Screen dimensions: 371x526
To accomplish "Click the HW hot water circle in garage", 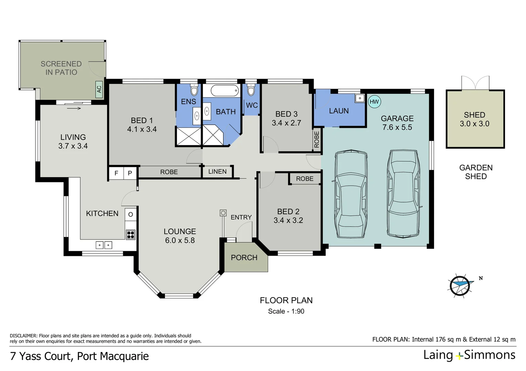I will pyautogui.click(x=374, y=102).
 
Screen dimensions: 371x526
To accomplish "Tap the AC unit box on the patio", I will pyautogui.click(x=99, y=89).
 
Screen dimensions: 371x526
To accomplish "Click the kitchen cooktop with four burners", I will pyautogui.click(x=130, y=235).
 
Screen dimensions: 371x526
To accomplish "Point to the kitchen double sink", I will pyautogui.click(x=104, y=245).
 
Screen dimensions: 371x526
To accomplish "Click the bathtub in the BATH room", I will pyautogui.click(x=224, y=91).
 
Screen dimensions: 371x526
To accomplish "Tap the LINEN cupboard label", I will pyautogui.click(x=217, y=171).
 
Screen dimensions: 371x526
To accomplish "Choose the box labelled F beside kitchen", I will pyautogui.click(x=116, y=173).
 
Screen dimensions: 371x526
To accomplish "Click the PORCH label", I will pyautogui.click(x=244, y=258).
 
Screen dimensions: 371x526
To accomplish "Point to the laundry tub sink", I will pyautogui.click(x=360, y=98).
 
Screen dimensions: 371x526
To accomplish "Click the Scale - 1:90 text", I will pyautogui.click(x=286, y=311).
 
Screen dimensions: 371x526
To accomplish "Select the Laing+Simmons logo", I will pyautogui.click(x=469, y=355).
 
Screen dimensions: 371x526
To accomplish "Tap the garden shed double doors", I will pyautogui.click(x=475, y=83).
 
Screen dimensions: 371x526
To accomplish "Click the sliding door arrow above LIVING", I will pyautogui.click(x=74, y=109).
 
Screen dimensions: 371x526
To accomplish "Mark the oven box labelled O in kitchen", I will pyautogui.click(x=130, y=215).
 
